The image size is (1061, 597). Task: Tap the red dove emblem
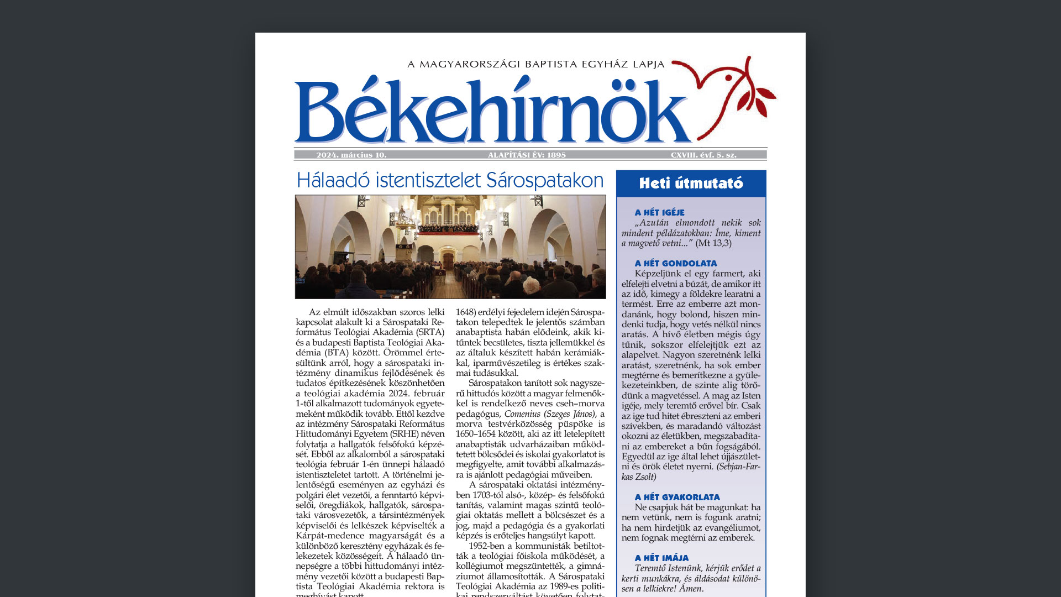724,94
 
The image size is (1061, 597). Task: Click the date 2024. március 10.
351,155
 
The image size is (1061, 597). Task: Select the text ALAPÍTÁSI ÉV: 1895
527,155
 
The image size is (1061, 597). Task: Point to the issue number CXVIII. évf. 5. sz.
703,155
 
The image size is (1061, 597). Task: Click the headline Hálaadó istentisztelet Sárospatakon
450,181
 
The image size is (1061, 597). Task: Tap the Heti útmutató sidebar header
691,184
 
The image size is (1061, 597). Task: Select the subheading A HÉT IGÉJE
659,213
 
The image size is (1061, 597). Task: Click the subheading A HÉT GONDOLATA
675,264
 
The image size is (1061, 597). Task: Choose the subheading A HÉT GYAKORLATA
677,498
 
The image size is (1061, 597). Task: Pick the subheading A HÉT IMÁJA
661,558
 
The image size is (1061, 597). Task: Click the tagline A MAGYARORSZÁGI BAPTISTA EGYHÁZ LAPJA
535,65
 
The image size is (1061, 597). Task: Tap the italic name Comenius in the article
522,414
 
